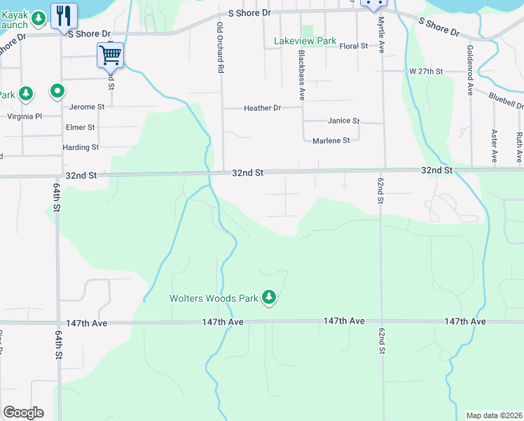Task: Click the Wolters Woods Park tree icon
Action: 268,298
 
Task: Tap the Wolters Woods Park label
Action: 214,298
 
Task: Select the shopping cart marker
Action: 111,55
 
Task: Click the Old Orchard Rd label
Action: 220,47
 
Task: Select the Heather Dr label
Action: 262,108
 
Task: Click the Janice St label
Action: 343,121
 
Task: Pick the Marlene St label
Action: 331,140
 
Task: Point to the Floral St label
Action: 353,46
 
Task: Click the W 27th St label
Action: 427,72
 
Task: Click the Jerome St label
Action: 87,107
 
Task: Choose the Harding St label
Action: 81,147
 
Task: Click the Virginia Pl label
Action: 25,116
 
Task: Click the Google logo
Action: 23,413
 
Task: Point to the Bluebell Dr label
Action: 506,100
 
